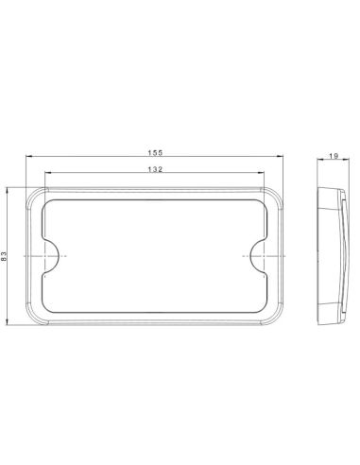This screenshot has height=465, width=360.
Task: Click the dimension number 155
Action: [x=153, y=151]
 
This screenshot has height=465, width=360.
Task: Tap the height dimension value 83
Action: [x=7, y=255]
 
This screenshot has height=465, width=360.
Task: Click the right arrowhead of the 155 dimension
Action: [x=283, y=157]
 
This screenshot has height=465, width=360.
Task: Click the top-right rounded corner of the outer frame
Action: [x=277, y=192]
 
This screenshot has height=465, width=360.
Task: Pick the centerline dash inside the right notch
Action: [x=267, y=254]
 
